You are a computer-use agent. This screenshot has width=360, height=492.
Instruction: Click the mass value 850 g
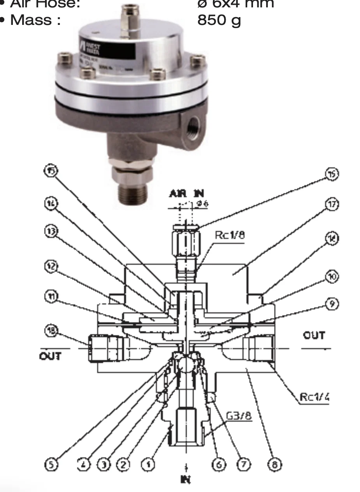pyautogui.click(x=219, y=19)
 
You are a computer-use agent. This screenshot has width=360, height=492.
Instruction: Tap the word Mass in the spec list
pyautogui.click(x=35, y=19)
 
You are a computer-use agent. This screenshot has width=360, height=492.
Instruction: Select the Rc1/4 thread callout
pyautogui.click(x=314, y=397)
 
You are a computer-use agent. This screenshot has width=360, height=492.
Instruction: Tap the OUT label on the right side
pyautogui.click(x=314, y=335)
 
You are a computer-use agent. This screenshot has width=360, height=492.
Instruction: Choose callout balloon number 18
pyautogui.click(x=51, y=331)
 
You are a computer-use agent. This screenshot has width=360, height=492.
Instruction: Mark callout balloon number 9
pyautogui.click(x=332, y=303)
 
